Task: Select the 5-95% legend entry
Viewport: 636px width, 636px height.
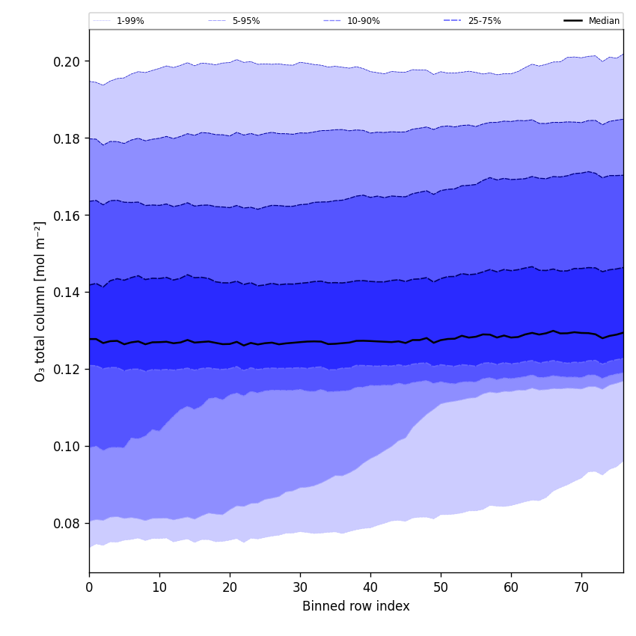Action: pos(245,21)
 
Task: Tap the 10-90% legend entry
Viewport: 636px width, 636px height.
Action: pos(363,21)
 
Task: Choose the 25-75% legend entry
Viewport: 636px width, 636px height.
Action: pos(484,21)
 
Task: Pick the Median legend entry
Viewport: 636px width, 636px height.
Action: pos(604,21)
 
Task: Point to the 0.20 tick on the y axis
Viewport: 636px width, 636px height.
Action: pos(68,61)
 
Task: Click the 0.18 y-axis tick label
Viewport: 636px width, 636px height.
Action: pos(68,138)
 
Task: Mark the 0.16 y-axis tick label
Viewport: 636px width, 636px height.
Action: pos(68,215)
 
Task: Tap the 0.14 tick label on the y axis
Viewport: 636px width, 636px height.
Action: pos(68,293)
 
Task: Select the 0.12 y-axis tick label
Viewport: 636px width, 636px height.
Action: pos(68,370)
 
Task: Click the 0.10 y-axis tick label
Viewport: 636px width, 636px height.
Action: pos(68,447)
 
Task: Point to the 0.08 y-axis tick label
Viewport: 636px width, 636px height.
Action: pos(68,524)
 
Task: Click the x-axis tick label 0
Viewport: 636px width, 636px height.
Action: pos(89,587)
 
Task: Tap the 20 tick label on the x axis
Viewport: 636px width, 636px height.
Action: pos(230,587)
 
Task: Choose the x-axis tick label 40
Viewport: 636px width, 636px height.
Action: pos(370,587)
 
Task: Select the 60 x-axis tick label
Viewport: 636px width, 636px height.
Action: pos(511,587)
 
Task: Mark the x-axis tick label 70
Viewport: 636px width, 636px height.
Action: pos(581,587)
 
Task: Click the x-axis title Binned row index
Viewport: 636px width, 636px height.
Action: pos(356,607)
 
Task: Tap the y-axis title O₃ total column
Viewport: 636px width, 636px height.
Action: pos(40,301)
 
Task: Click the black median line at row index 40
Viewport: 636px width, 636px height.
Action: pos(370,341)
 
